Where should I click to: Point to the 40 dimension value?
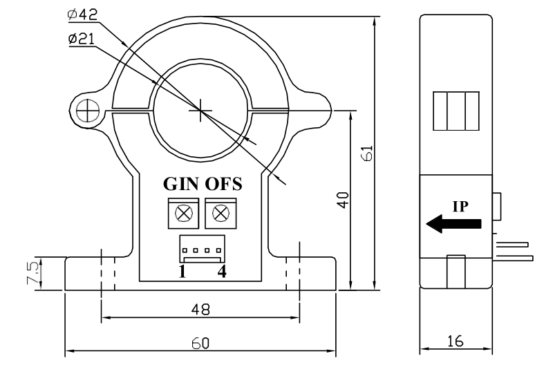[341, 200]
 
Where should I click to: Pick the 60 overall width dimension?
[200, 343]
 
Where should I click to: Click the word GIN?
[182, 185]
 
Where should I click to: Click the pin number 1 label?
[182, 272]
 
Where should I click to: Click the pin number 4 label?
[222, 272]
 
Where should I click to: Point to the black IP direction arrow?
[453, 224]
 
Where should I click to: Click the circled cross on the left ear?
[86, 109]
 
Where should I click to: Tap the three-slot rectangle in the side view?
[456, 111]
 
